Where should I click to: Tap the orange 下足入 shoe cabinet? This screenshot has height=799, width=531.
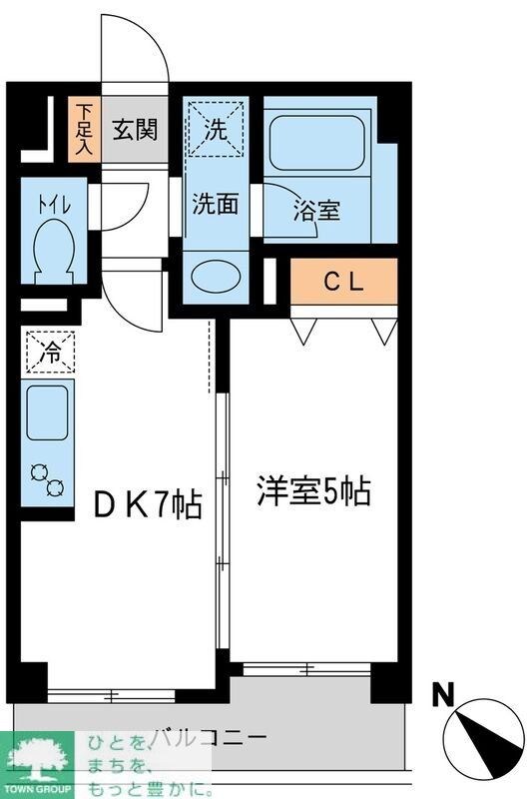84,129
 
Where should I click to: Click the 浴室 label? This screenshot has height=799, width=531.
317,211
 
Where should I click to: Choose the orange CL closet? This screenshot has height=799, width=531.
343,282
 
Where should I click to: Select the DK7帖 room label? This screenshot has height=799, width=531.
148,504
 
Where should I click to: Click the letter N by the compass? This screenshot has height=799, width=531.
440,692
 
